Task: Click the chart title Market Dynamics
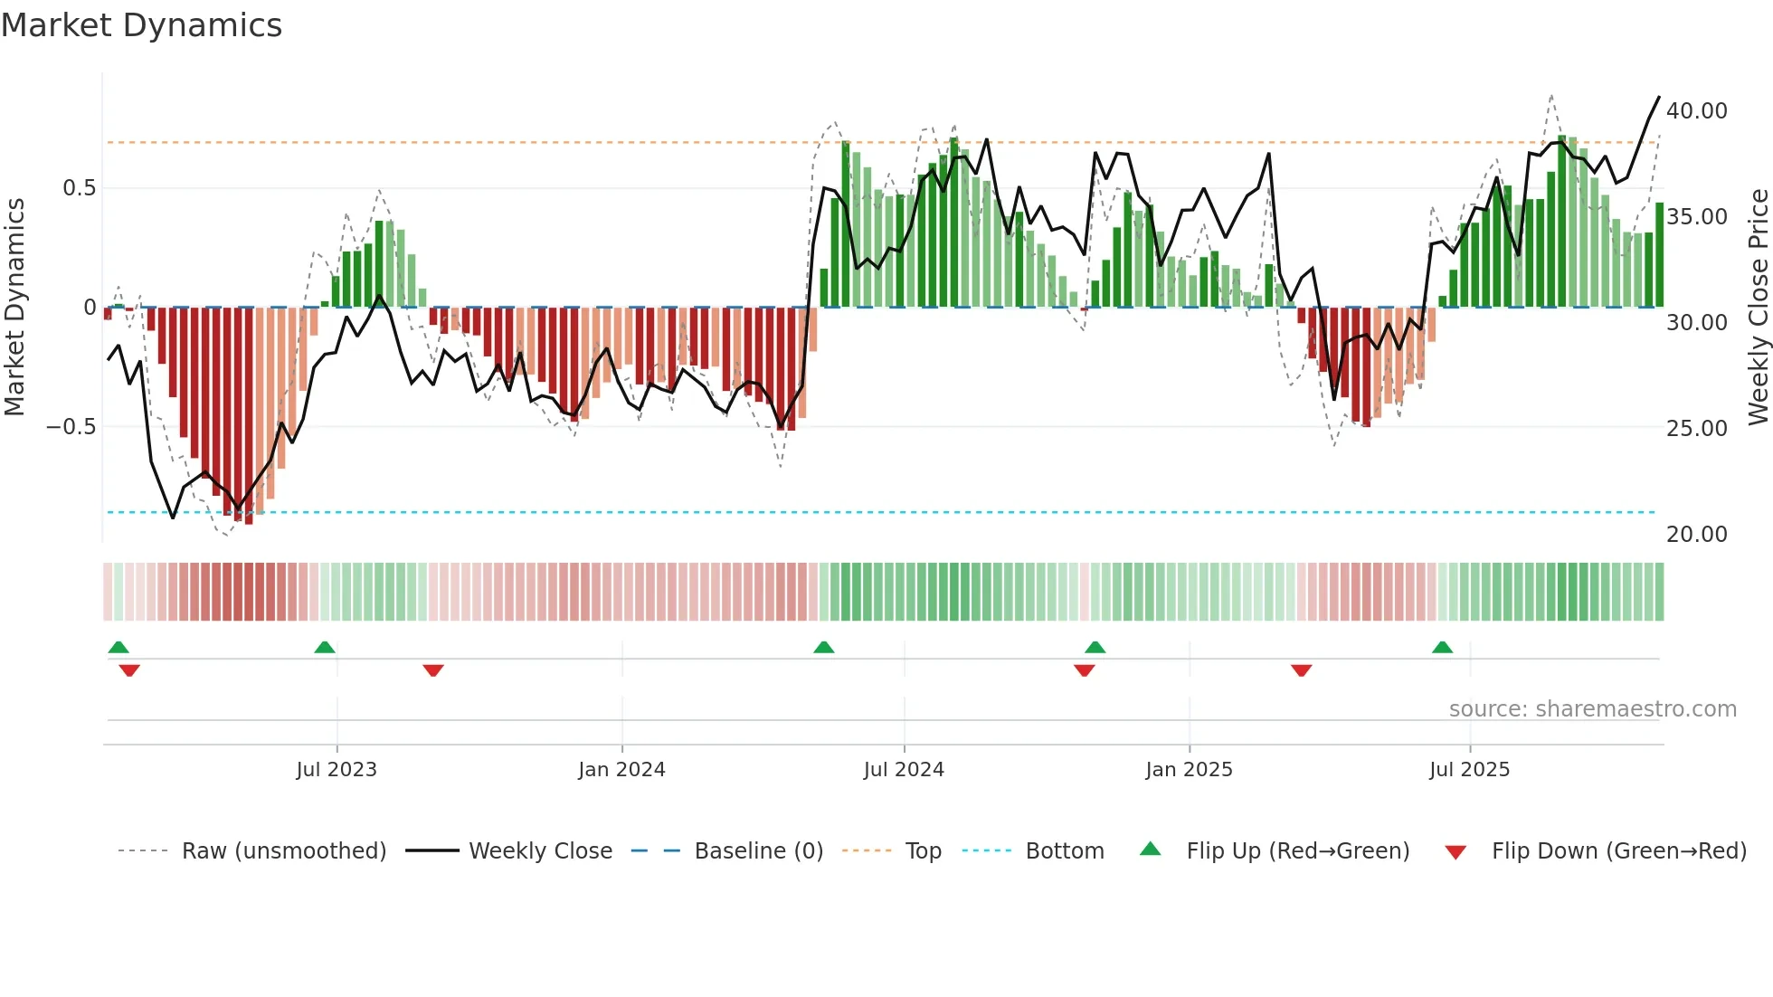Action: pos(141,25)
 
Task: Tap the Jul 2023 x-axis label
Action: pos(337,770)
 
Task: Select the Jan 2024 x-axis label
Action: pos(621,770)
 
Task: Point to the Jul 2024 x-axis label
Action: pos(904,770)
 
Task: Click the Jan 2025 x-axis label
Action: pos(1189,770)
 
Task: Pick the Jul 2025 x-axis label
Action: pos(1469,770)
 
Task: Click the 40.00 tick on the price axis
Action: pos(1696,111)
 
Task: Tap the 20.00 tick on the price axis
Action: pos(1696,535)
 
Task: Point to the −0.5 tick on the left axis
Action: pos(71,427)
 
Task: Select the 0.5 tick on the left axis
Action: pos(79,188)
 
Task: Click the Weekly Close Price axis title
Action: pos(1758,308)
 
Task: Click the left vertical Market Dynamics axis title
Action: pos(14,308)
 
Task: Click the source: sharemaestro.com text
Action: pos(1592,709)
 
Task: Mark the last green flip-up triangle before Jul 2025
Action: pos(1442,648)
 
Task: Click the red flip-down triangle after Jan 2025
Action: pos(1301,670)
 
